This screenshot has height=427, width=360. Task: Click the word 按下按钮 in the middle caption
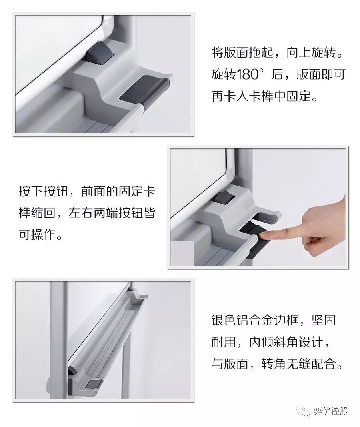tap(44, 191)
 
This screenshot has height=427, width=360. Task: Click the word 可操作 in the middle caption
tap(37, 234)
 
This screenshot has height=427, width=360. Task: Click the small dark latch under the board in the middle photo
tap(222, 197)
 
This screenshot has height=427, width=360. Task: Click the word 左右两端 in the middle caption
tap(93, 213)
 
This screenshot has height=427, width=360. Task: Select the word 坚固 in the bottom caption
tap(324, 320)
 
